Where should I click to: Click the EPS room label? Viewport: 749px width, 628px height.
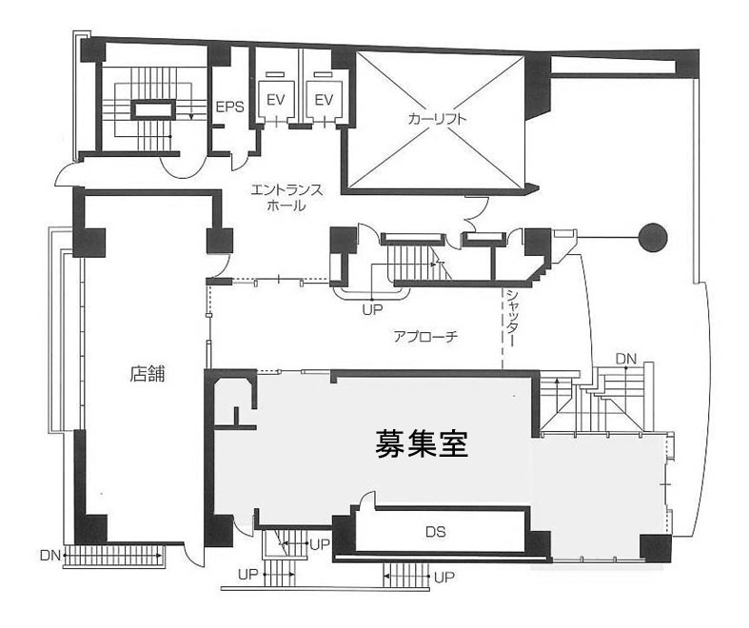(229, 108)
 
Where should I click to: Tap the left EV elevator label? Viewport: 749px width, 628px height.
(276, 100)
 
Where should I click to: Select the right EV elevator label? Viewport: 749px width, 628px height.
(325, 100)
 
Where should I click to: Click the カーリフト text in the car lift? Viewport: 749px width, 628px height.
(436, 120)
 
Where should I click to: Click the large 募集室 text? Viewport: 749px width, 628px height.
(423, 443)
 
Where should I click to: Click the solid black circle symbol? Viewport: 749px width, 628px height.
(653, 236)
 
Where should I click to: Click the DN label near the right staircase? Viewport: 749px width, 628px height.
(625, 358)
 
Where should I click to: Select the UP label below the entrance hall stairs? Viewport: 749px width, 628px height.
(371, 309)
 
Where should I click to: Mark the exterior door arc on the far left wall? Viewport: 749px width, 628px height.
(68, 173)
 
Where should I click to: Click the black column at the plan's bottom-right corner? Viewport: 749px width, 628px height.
(655, 548)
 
